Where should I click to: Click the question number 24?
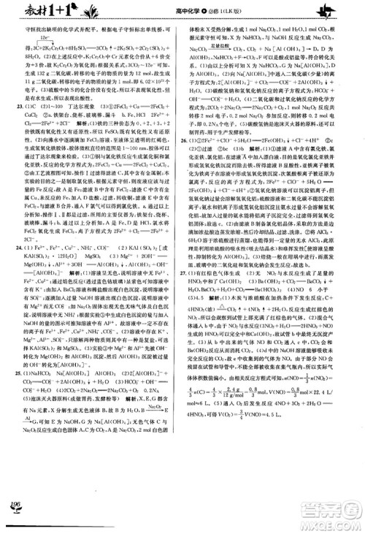(20, 269)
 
